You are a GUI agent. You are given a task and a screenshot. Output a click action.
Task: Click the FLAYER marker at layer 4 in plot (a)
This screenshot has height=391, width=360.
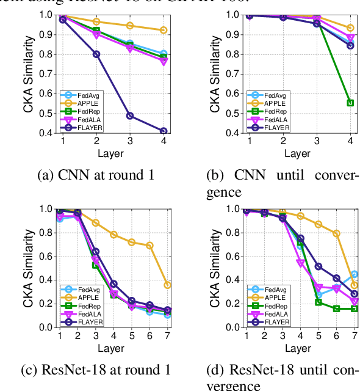pos(164,131)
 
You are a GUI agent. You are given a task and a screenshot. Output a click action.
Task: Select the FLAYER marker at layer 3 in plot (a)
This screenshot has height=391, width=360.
pos(129,115)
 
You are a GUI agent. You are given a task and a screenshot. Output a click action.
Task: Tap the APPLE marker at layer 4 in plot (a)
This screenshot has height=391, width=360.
pos(164,30)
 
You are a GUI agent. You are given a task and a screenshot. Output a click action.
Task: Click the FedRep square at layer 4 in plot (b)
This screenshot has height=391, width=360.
pos(350,103)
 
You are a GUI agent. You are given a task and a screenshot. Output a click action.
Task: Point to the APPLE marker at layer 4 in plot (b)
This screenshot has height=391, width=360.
pos(350,28)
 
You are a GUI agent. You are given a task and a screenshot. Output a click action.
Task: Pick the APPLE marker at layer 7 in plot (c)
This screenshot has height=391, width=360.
pos(167,285)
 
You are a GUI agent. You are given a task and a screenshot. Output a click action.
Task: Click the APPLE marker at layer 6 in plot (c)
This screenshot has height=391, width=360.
pos(149,245)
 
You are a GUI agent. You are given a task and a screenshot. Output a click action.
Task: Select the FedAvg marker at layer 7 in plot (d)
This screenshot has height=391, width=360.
pos(354,274)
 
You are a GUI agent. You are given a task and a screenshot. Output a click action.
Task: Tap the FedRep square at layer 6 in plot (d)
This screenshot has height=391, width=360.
pos(336,309)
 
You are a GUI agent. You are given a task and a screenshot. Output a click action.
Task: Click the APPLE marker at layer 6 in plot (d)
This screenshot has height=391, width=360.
pos(336,233)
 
